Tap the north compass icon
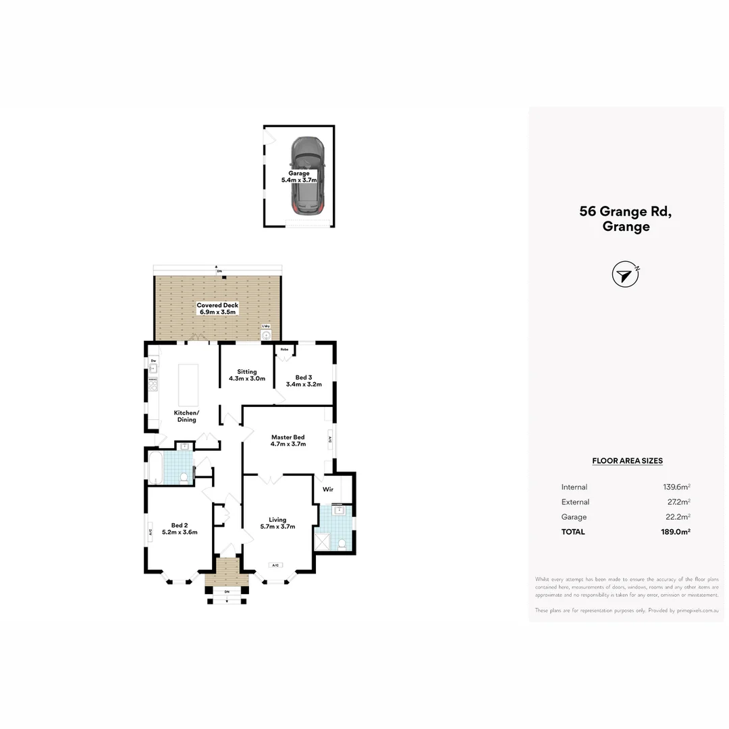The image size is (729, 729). click(625, 275)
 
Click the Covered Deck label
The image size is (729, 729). click(217, 305)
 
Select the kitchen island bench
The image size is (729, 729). click(188, 384)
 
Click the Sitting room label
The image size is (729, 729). click(247, 372)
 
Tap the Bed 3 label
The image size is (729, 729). click(304, 377)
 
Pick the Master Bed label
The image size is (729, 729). click(288, 437)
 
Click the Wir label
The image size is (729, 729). click(328, 489)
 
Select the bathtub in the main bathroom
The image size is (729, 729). click(155, 468)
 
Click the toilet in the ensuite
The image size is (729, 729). click(342, 543)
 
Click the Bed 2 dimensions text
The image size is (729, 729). click(180, 532)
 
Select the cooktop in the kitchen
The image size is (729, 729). click(153, 384)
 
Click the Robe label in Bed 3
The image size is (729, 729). click(285, 349)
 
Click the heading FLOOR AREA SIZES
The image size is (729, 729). click(627, 461)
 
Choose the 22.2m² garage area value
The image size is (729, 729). click(678, 517)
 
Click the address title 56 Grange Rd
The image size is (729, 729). click(626, 211)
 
